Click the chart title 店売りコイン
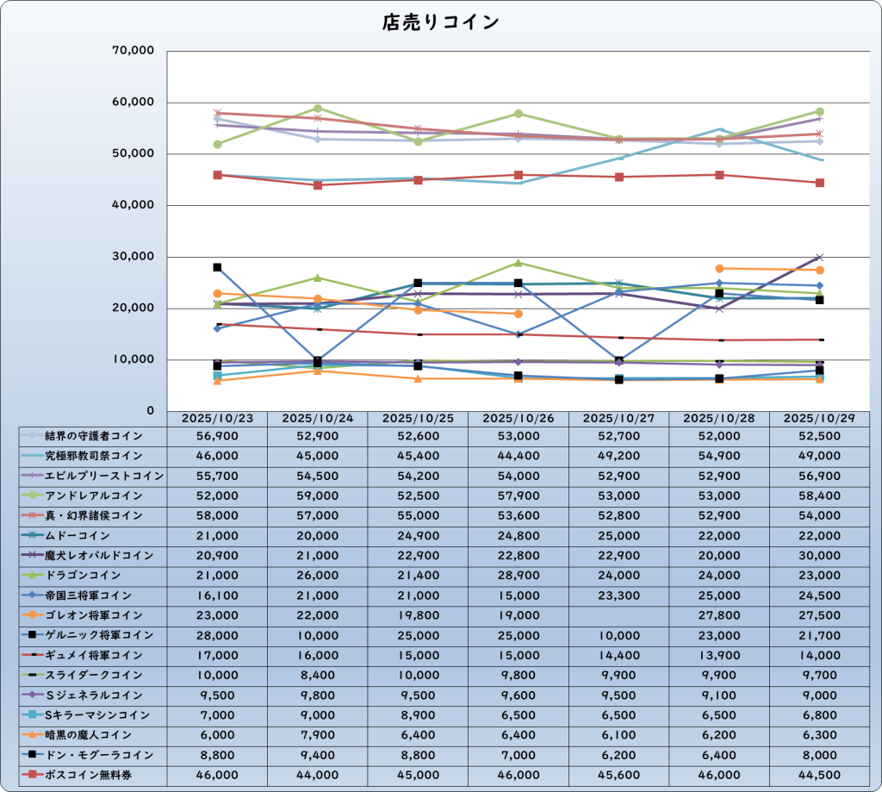[440, 23]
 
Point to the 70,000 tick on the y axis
[133, 51]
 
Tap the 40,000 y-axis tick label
[133, 205]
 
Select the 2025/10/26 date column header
[519, 418]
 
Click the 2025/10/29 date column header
[819, 418]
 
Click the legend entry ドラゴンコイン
[94, 575]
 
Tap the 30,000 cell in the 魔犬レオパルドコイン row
[819, 555]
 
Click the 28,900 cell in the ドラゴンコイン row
[519, 575]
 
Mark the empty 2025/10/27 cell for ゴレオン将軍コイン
[618, 615]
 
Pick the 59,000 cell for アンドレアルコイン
[318, 496]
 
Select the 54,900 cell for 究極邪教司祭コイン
[719, 455]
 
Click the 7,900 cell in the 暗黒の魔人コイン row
[318, 735]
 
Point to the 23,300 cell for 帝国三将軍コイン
[618, 596]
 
